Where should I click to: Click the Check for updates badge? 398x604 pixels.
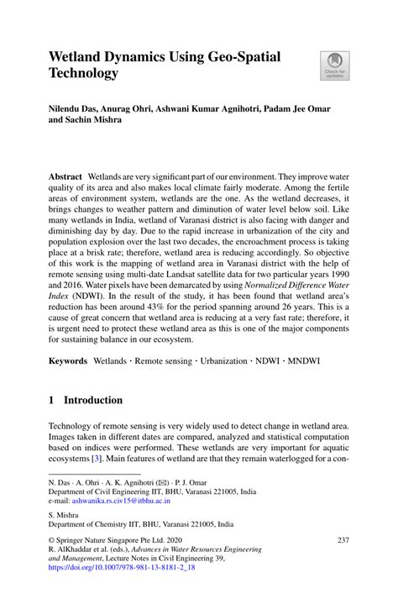pos(334,66)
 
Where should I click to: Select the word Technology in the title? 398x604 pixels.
pos(83,73)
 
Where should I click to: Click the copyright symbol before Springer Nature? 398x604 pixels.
pos(52,539)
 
